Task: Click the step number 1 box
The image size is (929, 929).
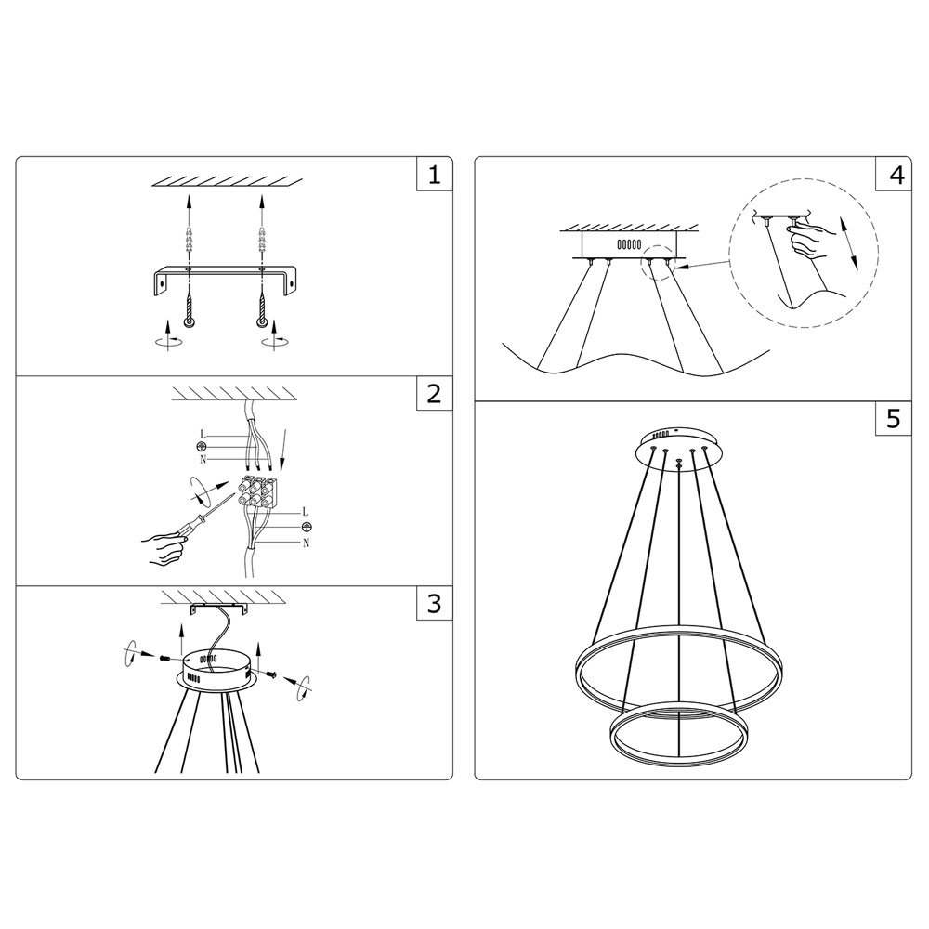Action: point(435,175)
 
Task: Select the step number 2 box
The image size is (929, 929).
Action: point(435,393)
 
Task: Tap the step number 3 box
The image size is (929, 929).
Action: point(435,603)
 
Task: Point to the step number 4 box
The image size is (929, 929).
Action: point(894,175)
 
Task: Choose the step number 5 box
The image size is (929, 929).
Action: point(894,418)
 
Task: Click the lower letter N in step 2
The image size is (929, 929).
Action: point(306,543)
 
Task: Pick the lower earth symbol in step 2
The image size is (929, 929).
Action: point(307,527)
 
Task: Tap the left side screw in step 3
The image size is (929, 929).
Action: point(164,657)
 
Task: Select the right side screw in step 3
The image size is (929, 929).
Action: point(271,673)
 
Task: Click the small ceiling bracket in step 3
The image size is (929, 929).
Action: point(218,608)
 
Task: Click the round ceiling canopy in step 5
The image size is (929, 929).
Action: point(679,447)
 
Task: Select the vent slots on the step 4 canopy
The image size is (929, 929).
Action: point(629,243)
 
